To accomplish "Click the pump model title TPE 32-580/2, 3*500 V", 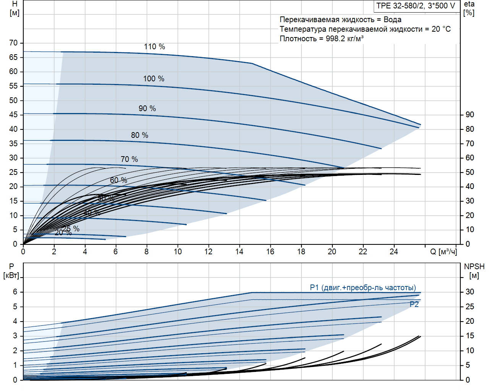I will tap(416, 6).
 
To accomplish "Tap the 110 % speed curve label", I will tap(154, 47).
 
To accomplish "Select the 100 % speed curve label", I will tap(154, 79).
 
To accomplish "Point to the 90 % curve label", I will tap(147, 108).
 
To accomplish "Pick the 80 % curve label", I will tap(139, 135).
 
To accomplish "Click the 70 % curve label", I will tap(129, 159).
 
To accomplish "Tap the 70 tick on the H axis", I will tap(13, 43).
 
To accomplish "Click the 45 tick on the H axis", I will tap(13, 115).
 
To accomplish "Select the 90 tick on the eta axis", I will tap(470, 115).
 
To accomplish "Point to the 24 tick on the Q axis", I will tap(393, 252).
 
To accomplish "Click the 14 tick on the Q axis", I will tap(239, 252).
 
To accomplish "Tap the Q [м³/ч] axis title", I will tap(443, 252).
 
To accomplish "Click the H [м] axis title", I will tap(15, 8).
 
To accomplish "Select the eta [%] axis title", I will tap(469, 8).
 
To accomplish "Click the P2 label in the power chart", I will tap(414, 304).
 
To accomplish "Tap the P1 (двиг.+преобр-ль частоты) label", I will tap(363, 288).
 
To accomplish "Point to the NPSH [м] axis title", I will tap(474, 271).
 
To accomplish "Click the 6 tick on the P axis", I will tap(15, 292).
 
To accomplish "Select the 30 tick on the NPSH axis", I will tap(470, 292).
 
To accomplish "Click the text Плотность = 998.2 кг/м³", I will tap(322, 39).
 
